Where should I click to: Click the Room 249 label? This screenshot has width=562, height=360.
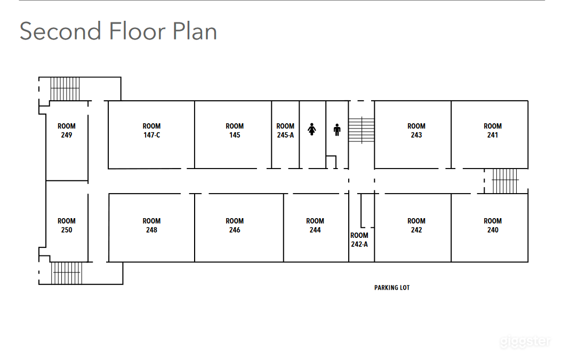(x=66, y=131)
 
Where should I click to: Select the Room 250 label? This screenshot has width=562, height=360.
(x=66, y=226)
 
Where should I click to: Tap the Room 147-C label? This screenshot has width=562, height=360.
(x=151, y=131)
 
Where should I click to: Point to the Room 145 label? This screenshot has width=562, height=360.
(x=235, y=131)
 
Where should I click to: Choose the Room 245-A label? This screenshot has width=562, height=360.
(x=285, y=131)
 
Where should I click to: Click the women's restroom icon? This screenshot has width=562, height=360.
(x=312, y=129)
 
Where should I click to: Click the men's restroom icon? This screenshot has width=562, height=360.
(x=337, y=130)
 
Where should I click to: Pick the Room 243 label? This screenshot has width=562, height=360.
(x=416, y=131)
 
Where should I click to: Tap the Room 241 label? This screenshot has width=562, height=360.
(x=493, y=131)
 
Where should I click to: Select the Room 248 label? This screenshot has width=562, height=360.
(x=151, y=226)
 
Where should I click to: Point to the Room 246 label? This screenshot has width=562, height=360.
(x=235, y=226)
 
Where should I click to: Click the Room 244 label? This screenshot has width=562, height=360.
(x=315, y=226)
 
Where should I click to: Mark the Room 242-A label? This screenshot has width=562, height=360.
(x=359, y=240)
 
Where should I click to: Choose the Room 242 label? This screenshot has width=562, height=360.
(x=416, y=226)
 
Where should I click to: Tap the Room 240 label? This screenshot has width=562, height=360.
(x=493, y=226)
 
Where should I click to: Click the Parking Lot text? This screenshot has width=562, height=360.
(x=392, y=287)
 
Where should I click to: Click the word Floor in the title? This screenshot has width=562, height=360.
(x=137, y=31)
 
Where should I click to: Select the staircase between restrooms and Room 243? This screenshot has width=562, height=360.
(x=362, y=130)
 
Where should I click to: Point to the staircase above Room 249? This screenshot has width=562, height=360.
(x=65, y=89)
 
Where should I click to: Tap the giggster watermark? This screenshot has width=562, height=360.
(x=525, y=341)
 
